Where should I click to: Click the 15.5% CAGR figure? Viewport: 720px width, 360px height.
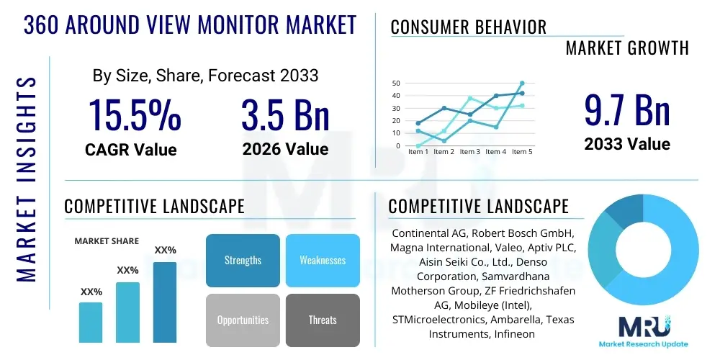(x=135, y=115)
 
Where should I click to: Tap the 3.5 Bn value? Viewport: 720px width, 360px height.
(x=285, y=115)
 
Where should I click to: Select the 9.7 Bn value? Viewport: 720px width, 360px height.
(x=627, y=110)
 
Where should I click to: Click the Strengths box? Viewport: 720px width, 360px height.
(x=243, y=260)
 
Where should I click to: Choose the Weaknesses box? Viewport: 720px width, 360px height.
(x=323, y=260)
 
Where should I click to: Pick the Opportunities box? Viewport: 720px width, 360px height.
(x=243, y=320)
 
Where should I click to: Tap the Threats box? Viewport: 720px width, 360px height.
(x=323, y=320)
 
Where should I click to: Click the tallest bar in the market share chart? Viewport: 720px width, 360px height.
(x=165, y=302)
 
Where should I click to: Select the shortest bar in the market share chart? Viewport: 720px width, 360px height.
(x=91, y=322)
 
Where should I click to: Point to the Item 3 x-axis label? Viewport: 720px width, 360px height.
(x=469, y=152)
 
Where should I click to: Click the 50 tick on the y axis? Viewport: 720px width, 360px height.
(x=396, y=84)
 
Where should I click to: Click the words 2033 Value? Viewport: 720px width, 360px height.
(x=627, y=144)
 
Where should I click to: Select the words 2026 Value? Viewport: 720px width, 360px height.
(x=285, y=149)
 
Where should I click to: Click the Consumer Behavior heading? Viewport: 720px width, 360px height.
(x=468, y=27)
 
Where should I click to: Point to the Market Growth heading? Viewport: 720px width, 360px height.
(x=627, y=48)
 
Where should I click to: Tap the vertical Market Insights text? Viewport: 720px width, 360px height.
(x=26, y=176)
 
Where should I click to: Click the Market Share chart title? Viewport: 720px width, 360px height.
(x=107, y=241)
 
